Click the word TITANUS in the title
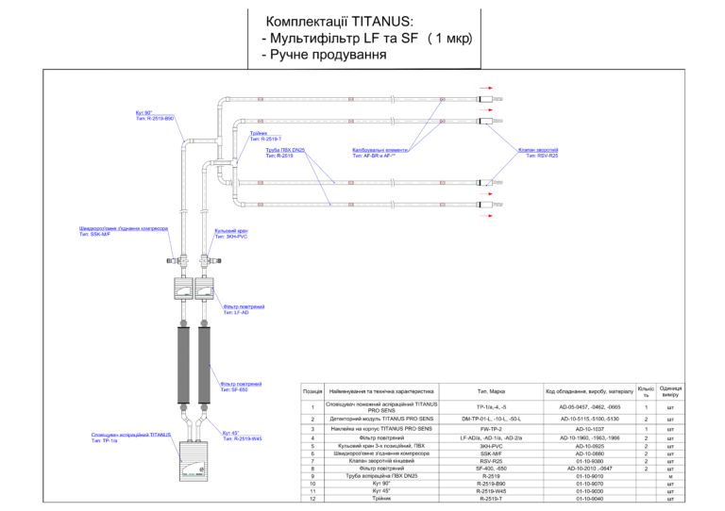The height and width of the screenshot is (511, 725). tap(382, 22)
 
